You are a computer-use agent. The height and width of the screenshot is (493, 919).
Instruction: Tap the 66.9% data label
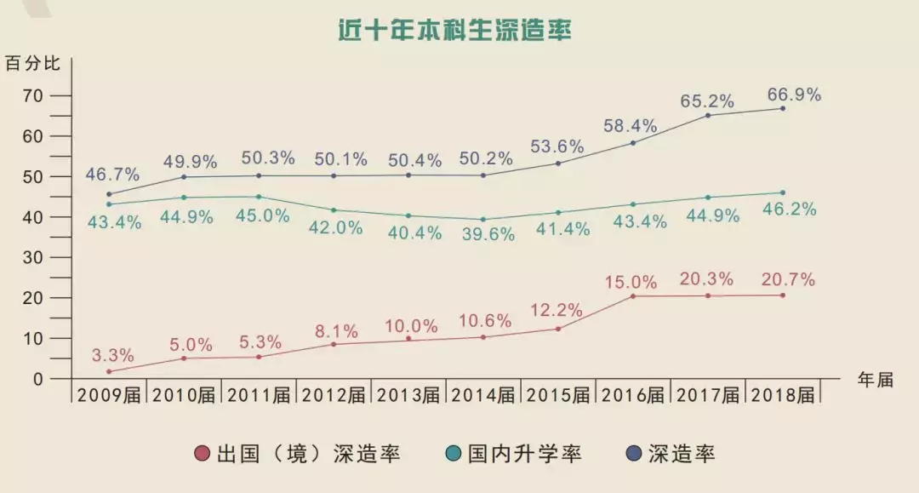793,95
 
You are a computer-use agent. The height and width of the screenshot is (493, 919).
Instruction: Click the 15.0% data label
631,282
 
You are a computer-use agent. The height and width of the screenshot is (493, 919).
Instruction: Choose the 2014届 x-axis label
484,395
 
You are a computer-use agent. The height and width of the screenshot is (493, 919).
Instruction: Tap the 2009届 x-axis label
109,395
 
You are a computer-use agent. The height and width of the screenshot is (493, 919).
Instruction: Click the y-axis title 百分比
32,65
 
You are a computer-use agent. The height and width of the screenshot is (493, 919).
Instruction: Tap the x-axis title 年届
876,380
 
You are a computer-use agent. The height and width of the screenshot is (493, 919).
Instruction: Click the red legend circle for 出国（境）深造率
202,453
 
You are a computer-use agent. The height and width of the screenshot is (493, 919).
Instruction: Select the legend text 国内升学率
524,453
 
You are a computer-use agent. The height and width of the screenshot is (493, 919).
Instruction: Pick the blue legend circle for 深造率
632,453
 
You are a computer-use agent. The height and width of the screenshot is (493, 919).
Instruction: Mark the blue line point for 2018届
783,108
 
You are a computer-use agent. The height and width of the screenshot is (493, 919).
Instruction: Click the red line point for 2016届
633,295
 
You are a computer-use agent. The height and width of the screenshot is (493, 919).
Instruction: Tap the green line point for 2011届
259,197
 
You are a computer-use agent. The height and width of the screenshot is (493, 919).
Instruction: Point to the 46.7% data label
112,175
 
